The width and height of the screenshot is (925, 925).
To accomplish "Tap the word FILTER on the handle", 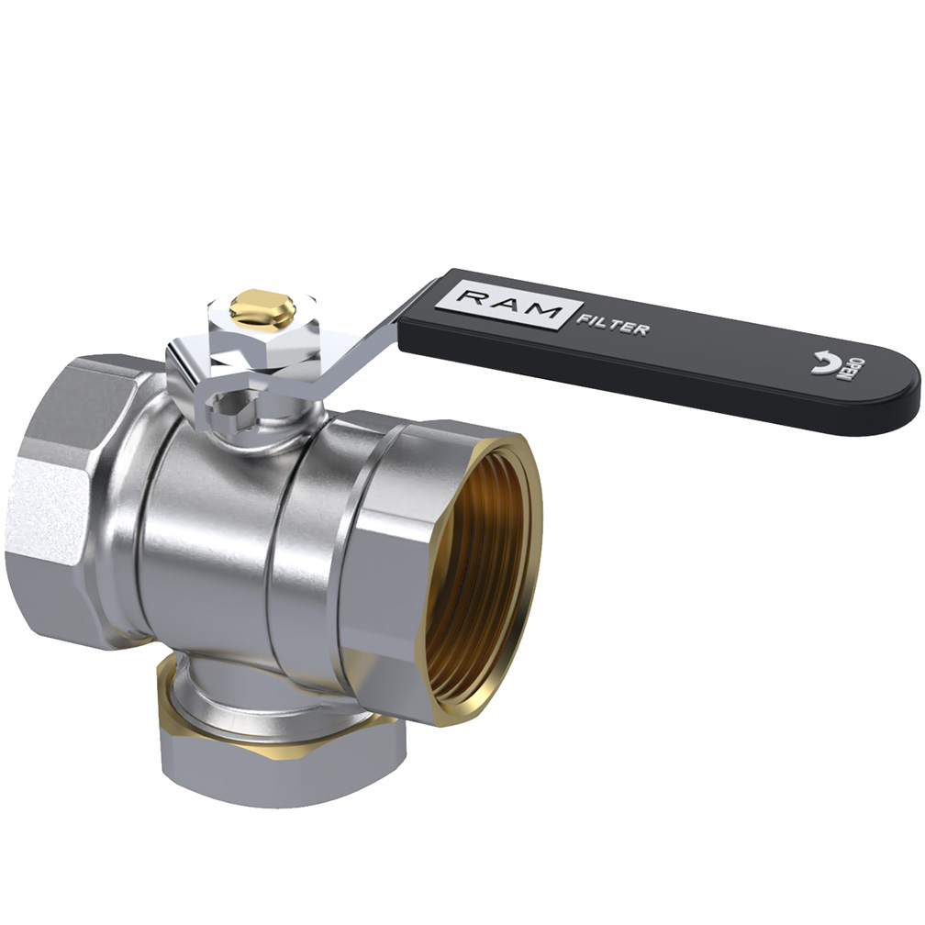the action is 612,326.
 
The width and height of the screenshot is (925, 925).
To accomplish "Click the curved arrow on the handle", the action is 823,362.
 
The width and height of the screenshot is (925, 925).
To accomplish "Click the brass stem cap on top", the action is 262,306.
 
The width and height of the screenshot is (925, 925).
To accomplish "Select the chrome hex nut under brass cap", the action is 262,330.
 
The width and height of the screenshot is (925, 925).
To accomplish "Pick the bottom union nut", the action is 284,767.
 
